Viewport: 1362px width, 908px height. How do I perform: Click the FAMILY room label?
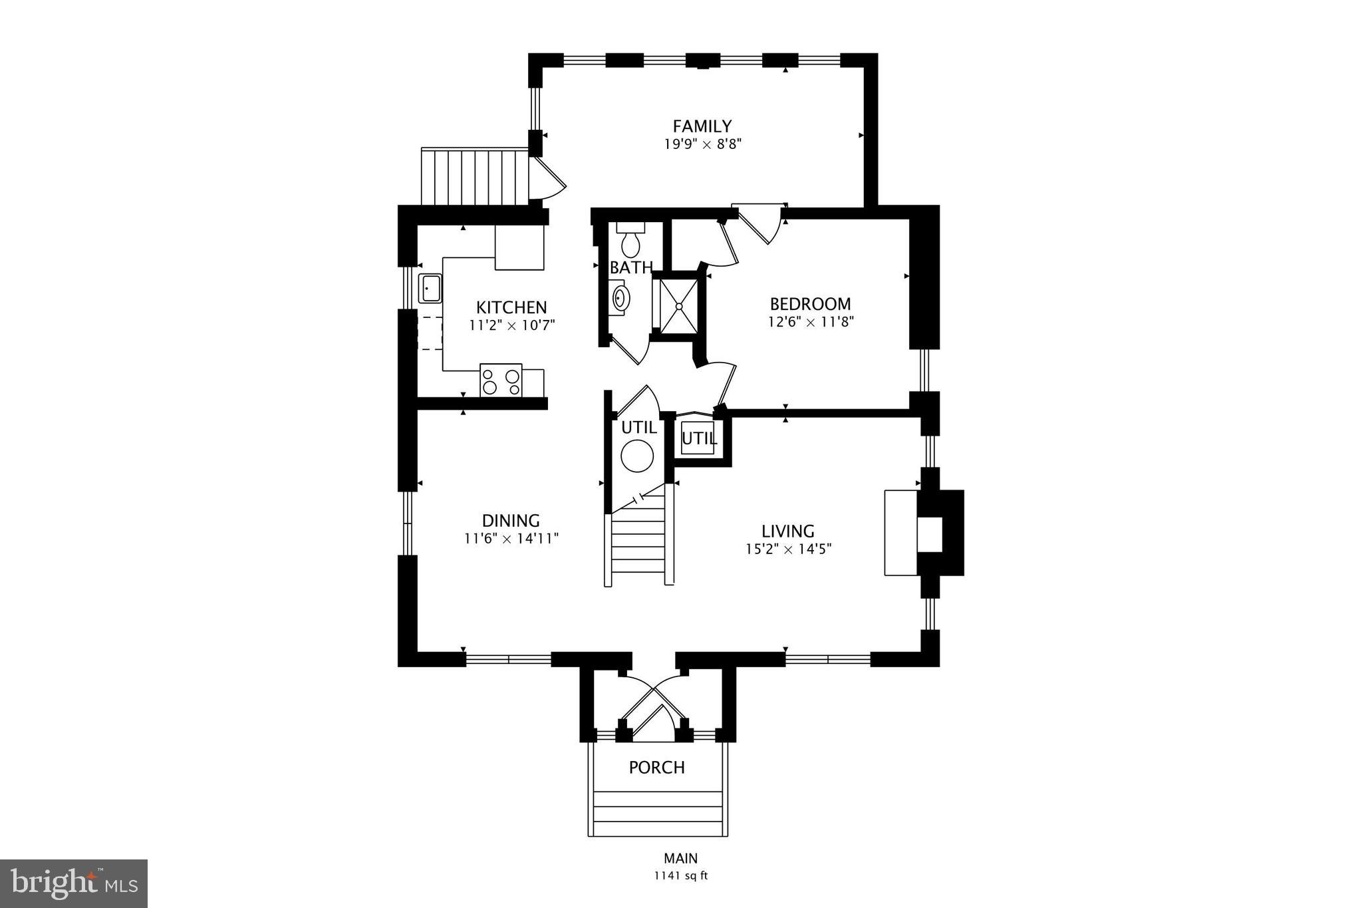tap(702, 126)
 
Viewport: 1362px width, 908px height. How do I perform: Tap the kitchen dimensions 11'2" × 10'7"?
tap(511, 325)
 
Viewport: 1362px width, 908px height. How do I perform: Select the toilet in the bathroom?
tap(630, 241)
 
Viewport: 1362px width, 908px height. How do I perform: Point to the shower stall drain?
tap(679, 306)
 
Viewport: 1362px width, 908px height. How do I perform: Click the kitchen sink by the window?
tap(429, 289)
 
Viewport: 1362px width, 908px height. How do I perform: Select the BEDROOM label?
tap(810, 304)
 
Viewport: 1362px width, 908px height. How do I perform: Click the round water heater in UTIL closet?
tap(637, 456)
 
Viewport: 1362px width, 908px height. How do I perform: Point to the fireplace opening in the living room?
tap(930, 533)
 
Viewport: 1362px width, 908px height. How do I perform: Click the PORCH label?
tap(656, 768)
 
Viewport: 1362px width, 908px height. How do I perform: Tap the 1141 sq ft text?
tap(680, 876)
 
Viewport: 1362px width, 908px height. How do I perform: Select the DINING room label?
tap(511, 520)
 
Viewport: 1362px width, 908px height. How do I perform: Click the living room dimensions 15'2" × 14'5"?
tap(788, 549)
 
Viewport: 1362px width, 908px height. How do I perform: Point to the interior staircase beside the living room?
tap(638, 539)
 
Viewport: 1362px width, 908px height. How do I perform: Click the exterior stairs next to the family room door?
tap(474, 177)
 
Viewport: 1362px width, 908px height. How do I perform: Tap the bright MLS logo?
tap(74, 883)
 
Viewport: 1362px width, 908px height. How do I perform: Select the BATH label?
tap(631, 268)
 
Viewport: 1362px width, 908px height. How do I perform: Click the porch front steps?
tap(657, 814)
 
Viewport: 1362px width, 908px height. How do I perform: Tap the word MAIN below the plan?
tap(680, 859)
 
